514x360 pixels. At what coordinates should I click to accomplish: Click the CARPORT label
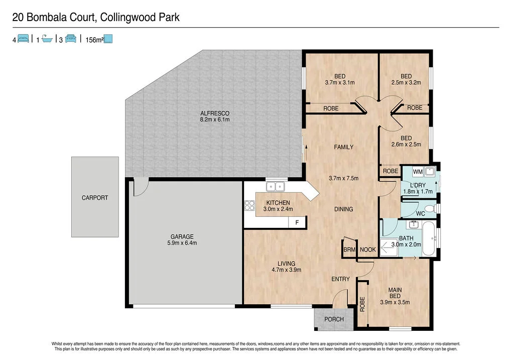(95, 198)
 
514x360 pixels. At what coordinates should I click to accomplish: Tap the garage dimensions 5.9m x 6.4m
(181, 243)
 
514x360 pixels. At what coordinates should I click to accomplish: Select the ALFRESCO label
(214, 116)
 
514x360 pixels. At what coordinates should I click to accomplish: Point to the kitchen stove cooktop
(249, 205)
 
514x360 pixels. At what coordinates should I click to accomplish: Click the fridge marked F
(297, 222)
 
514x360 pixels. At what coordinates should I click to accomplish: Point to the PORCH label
(334, 319)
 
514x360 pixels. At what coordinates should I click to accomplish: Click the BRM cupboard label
(349, 250)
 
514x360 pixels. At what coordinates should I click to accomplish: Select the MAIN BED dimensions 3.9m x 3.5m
(395, 302)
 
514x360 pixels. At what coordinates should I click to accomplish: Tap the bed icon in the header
(23, 39)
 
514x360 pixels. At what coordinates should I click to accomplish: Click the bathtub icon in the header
(47, 39)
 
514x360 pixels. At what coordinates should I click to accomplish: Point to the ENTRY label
(340, 279)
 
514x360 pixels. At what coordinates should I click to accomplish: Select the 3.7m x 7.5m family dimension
(343, 178)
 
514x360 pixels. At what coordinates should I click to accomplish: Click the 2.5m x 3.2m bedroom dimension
(406, 83)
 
